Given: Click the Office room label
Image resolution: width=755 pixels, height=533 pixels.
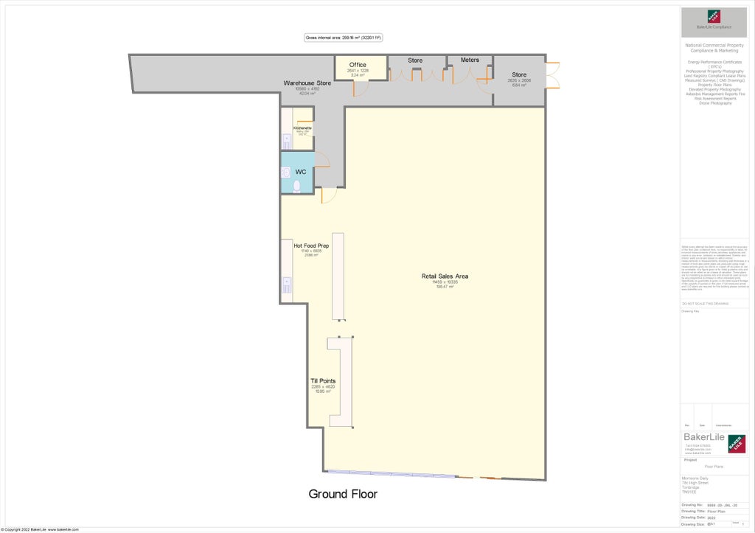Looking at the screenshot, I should (x=358, y=65).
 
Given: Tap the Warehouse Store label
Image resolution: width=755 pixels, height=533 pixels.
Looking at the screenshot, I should (x=307, y=83).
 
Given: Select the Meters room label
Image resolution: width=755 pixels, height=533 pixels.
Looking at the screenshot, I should (x=470, y=60).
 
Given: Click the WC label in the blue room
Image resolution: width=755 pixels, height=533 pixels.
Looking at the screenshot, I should (x=301, y=172).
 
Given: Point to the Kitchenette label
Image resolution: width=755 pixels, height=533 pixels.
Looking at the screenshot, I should (x=302, y=128).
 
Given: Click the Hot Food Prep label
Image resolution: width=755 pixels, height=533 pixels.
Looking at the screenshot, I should (x=311, y=245).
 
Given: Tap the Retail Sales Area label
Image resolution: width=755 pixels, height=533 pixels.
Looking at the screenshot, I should (x=445, y=276).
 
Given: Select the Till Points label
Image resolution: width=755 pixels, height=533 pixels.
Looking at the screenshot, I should (x=323, y=381).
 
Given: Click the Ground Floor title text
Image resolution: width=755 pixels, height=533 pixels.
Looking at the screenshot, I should (x=343, y=494).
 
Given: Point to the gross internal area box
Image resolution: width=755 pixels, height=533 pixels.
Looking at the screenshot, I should (x=343, y=38).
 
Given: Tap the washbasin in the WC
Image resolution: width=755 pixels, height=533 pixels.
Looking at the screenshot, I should (x=285, y=173).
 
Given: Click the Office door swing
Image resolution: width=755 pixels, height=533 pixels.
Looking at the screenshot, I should (x=360, y=89).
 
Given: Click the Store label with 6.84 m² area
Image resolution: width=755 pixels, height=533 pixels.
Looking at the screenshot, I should (x=519, y=74).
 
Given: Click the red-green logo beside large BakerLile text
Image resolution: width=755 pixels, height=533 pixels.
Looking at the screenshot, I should (x=737, y=443).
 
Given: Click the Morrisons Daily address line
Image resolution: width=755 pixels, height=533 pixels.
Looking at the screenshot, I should (x=696, y=478).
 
